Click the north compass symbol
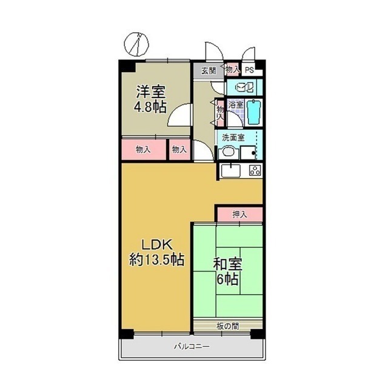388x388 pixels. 138,43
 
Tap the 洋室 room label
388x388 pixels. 150,93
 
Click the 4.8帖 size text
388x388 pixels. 150,107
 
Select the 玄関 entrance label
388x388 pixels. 208,70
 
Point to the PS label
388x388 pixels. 249,70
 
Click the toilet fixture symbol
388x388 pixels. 244,87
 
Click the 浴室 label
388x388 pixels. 236,105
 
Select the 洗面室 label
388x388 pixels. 232,137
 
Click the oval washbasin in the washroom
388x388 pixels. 228,152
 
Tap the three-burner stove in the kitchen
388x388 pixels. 255,170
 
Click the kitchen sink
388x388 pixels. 230,170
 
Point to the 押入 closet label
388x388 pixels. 239,214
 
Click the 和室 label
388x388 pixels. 227,264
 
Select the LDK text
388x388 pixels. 158,245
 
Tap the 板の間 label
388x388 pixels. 227,326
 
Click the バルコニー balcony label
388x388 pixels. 192,347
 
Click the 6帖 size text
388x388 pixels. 227,279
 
